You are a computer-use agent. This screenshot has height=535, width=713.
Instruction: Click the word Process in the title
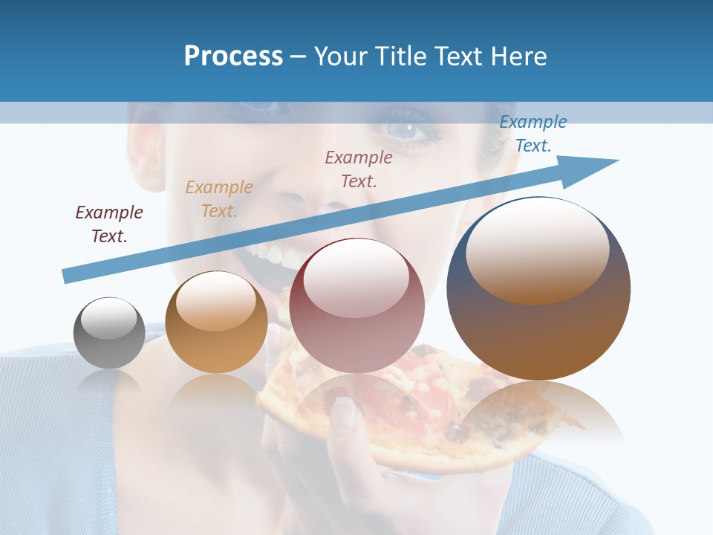coord(233,56)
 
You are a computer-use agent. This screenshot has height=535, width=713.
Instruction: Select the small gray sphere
coord(109,333)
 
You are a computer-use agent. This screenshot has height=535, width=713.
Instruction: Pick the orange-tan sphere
coord(216,322)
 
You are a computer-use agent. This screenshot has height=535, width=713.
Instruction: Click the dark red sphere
coord(356,305)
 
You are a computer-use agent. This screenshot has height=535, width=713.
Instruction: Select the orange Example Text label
coord(219,199)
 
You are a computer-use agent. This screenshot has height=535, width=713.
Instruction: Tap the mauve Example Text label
coord(359,169)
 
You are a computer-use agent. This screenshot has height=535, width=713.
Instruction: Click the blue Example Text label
coord(533,134)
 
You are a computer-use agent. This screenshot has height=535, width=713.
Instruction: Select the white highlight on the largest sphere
coord(537,248)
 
